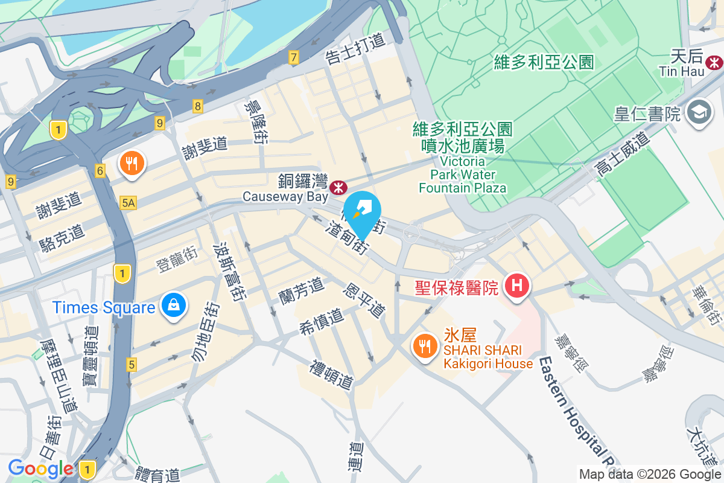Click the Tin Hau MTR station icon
pyautogui.click(x=715, y=62)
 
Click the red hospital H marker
pyautogui.click(x=516, y=284)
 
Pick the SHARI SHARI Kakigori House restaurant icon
pyautogui.click(x=425, y=347)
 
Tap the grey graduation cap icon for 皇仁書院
pyautogui.click(x=699, y=112)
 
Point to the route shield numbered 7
pyautogui.click(x=294, y=58)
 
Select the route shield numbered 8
pyautogui.click(x=198, y=106)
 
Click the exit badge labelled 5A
pyautogui.click(x=128, y=203)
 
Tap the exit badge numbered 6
pyautogui.click(x=100, y=171)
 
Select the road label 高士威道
pyautogui.click(x=622, y=155)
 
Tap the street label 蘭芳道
pyautogui.click(x=301, y=291)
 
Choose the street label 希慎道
pyautogui.click(x=321, y=322)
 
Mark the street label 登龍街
pyautogui.click(x=177, y=261)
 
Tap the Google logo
pyautogui.click(x=40, y=469)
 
